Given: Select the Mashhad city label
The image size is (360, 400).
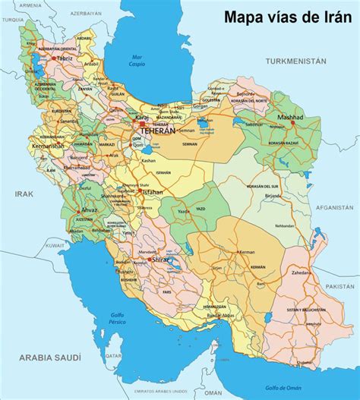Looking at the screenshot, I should pos(290,118).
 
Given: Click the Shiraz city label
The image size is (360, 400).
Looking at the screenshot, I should pos(162,260).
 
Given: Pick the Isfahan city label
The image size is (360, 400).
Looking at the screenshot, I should pos(153,192).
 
